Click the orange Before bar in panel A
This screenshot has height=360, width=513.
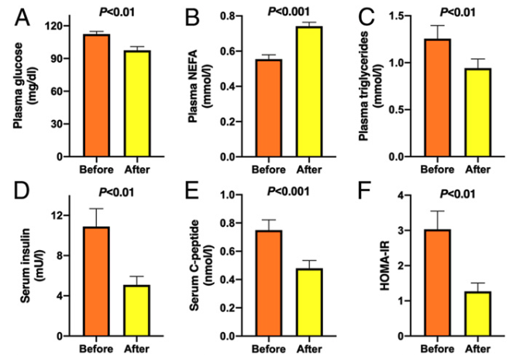pyautogui.click(x=97, y=96)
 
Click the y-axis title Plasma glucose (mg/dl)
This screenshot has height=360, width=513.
pyautogui.click(x=20, y=92)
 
